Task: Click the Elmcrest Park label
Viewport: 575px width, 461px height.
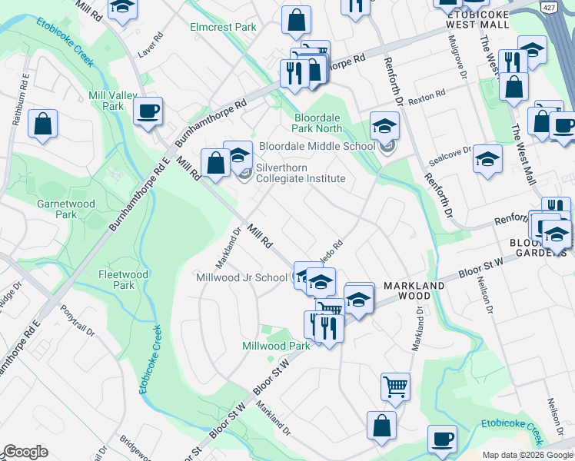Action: click(223, 27)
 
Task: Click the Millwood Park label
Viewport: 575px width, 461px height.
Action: click(276, 347)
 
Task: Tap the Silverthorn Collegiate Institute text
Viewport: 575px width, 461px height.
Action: click(300, 173)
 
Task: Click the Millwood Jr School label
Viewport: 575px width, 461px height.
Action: click(241, 277)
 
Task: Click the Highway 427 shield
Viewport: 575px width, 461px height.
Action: click(548, 7)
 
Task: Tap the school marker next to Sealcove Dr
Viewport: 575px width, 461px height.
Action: click(487, 159)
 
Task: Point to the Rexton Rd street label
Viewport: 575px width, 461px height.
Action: click(427, 98)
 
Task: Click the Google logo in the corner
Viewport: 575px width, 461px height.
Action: click(26, 452)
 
